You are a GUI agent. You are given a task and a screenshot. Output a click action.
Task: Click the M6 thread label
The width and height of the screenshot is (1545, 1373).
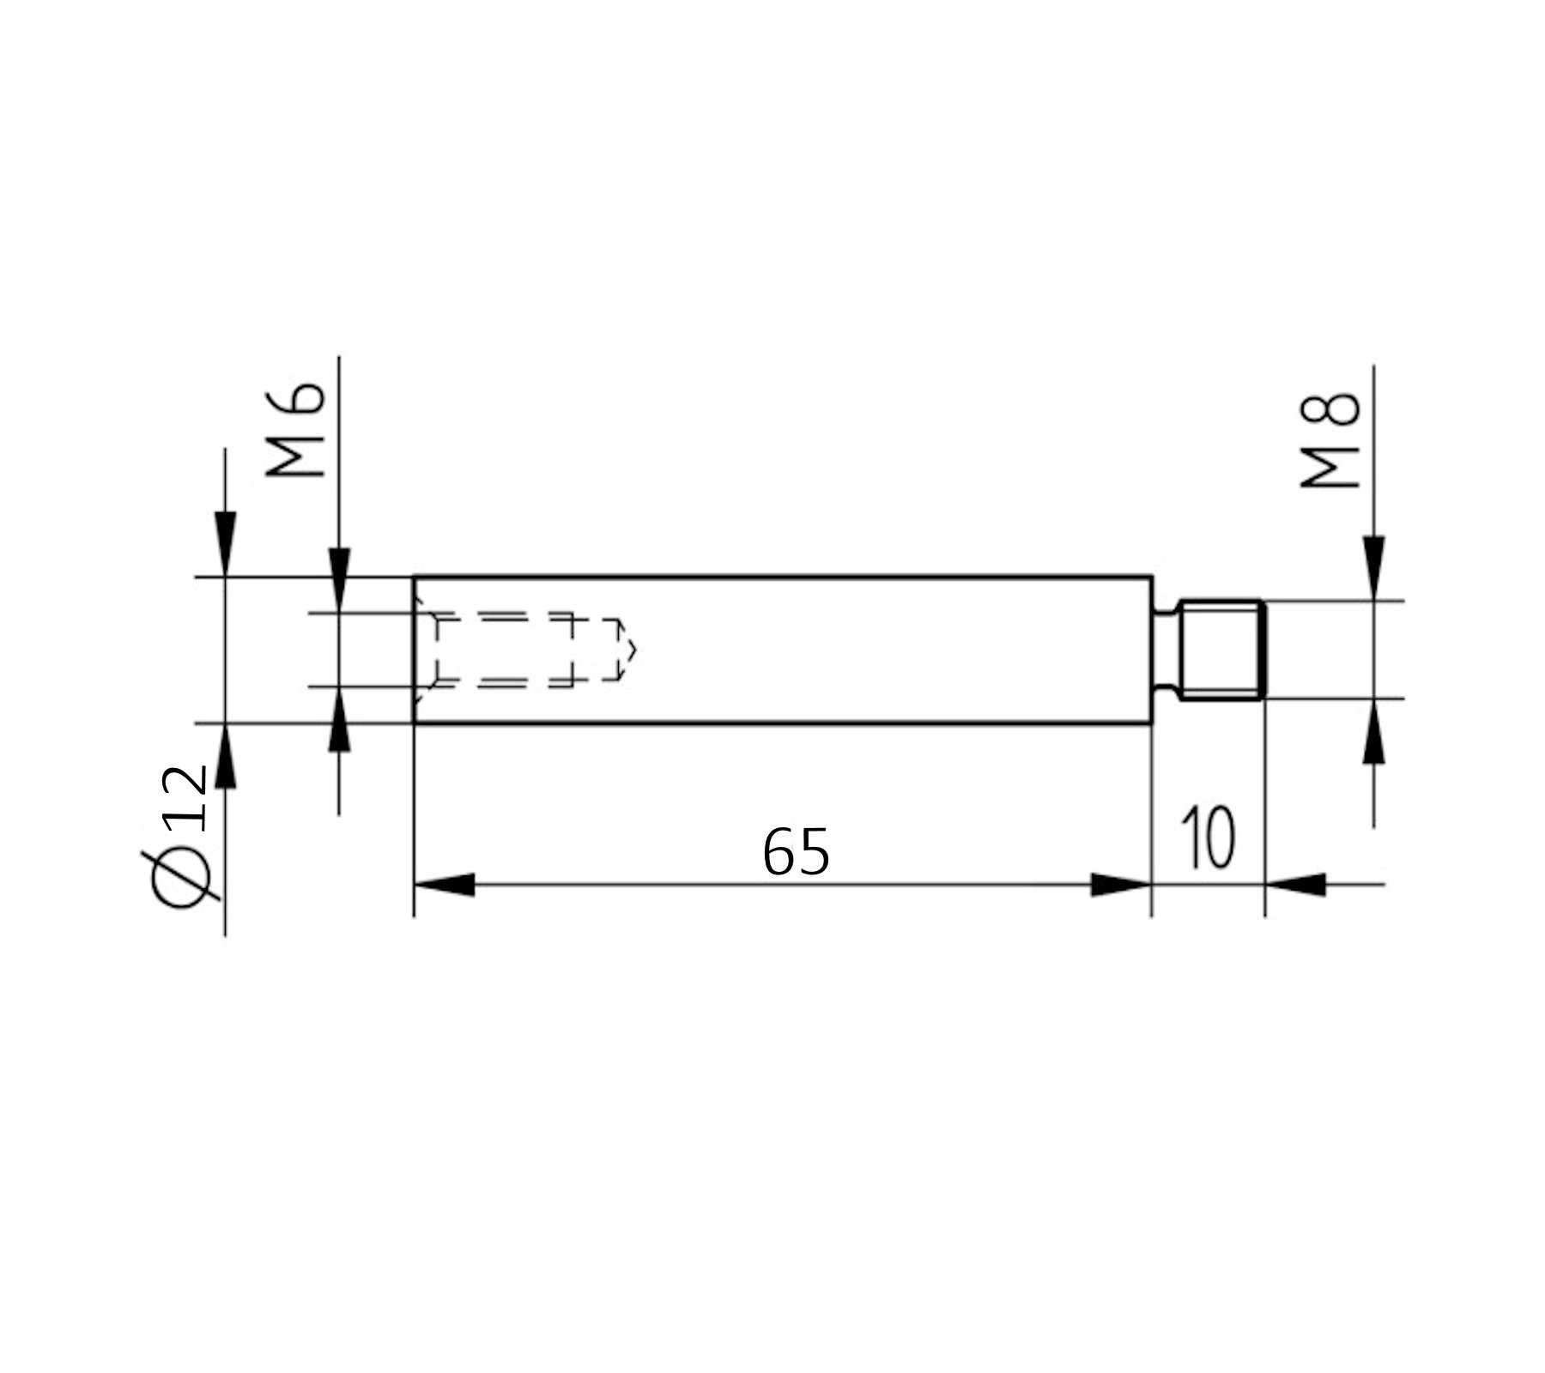click(x=296, y=430)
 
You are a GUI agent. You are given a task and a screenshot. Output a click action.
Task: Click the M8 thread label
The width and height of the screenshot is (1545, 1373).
click(x=1330, y=441)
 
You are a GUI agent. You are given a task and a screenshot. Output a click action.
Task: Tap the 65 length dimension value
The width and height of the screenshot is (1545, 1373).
click(x=796, y=852)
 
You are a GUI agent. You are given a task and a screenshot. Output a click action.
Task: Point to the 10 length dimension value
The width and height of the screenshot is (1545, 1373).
click(x=1208, y=838)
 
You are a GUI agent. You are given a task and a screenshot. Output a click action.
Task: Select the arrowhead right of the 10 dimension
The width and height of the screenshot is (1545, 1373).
click(x=1296, y=885)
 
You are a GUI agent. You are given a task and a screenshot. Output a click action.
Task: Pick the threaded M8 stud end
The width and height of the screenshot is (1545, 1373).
click(x=1221, y=650)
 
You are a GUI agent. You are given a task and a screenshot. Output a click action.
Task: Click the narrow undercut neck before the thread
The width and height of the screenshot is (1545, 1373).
click(x=1165, y=650)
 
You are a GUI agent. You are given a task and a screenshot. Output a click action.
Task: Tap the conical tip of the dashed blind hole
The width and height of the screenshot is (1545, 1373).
click(x=628, y=650)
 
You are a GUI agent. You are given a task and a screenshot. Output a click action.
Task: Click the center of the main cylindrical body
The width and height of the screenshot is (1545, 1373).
click(x=782, y=650)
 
